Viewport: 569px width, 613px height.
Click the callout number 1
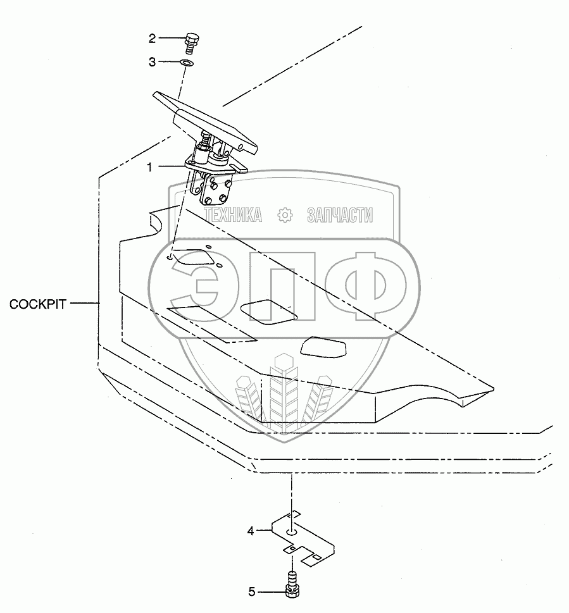pos(149,167)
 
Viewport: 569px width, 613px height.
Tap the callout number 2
pos(152,39)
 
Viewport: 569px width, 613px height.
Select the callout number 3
pos(152,62)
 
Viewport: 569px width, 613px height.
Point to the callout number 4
pos(251,531)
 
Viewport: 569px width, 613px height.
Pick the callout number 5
pos(251,592)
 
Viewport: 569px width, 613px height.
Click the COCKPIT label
pos(38,304)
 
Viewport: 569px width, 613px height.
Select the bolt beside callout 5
pos(292,583)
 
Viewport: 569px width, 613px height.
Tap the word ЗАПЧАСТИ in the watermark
pos(339,215)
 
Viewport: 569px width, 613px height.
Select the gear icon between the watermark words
pos(285,215)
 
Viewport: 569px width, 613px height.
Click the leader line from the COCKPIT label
pos(84,304)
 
